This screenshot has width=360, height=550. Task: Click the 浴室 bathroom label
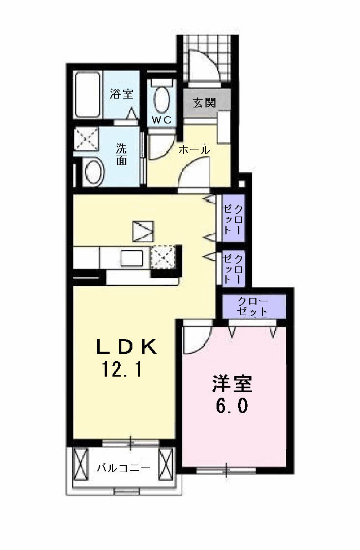(x=121, y=94)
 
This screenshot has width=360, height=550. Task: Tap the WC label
(x=162, y=120)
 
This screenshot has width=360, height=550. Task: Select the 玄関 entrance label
(x=204, y=103)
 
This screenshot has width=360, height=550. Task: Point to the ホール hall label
(x=194, y=150)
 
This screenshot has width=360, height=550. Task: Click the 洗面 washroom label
(x=121, y=155)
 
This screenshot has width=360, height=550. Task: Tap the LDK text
(x=126, y=347)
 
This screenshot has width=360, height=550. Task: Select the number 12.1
(x=122, y=369)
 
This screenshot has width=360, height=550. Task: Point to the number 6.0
(x=232, y=406)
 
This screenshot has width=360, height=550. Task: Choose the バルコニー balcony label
(x=124, y=467)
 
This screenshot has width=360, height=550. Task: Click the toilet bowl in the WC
(x=161, y=99)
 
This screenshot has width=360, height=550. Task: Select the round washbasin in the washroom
(x=94, y=172)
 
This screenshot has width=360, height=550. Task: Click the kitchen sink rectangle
(x=132, y=259)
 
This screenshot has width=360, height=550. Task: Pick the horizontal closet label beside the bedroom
(x=253, y=306)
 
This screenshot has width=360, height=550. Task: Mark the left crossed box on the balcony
(x=81, y=465)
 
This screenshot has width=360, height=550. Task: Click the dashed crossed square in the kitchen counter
(x=163, y=257)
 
